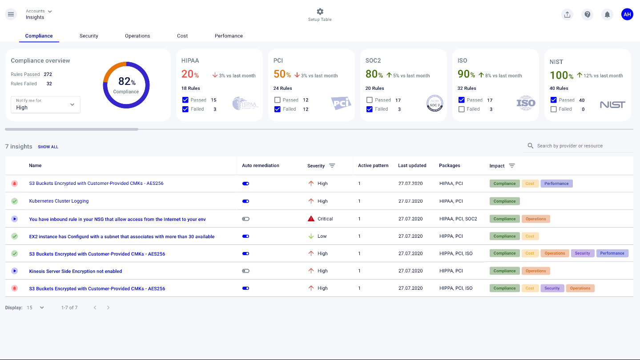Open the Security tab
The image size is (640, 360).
pyautogui.click(x=89, y=36)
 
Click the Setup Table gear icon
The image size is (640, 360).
pyautogui.click(x=320, y=12)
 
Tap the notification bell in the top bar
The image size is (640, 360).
pyautogui.click(x=607, y=15)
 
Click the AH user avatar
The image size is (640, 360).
pyautogui.click(x=627, y=15)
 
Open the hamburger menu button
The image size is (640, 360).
pyautogui.click(x=11, y=14)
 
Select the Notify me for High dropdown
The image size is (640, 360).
pyautogui.click(x=45, y=104)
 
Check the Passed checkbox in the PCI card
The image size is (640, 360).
pyautogui.click(x=278, y=100)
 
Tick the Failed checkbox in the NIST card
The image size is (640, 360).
pyautogui.click(x=554, y=109)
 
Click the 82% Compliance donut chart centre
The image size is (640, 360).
pyautogui.click(x=126, y=85)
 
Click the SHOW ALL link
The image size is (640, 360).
pyautogui.click(x=48, y=147)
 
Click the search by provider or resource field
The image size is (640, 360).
pyautogui.click(x=578, y=146)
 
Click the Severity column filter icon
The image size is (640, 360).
pyautogui.click(x=332, y=166)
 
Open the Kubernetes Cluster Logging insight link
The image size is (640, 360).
pyautogui.click(x=59, y=201)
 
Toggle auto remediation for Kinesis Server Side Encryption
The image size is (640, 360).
pyautogui.click(x=246, y=271)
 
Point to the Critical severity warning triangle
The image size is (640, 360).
pyautogui.click(x=311, y=219)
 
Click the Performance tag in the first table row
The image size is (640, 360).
pyautogui.click(x=556, y=184)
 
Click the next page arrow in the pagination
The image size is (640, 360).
pyautogui.click(x=108, y=308)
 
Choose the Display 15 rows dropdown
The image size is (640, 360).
pyautogui.click(x=36, y=308)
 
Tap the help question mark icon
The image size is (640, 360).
pyautogui.click(x=588, y=15)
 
